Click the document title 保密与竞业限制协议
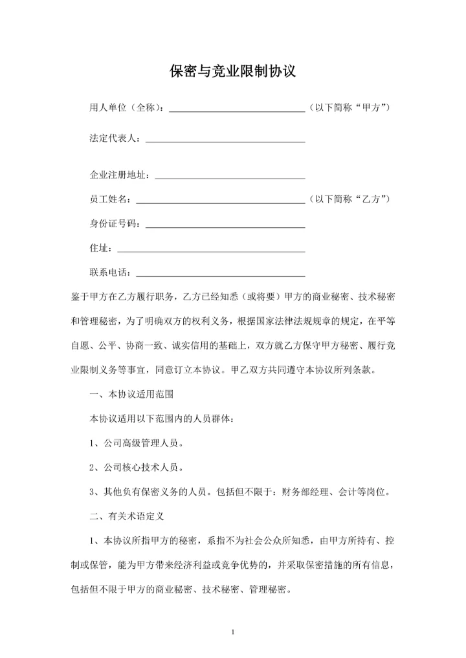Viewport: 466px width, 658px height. point(232,71)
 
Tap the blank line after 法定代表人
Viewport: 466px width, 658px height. point(226,139)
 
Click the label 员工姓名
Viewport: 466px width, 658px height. point(111,199)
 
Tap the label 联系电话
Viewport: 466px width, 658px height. point(111,272)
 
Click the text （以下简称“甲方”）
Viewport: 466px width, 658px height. point(349,107)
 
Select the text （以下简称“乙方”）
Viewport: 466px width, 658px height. point(349,199)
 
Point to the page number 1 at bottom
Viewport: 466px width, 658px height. point(232,631)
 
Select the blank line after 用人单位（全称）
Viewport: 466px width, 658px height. point(237,109)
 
